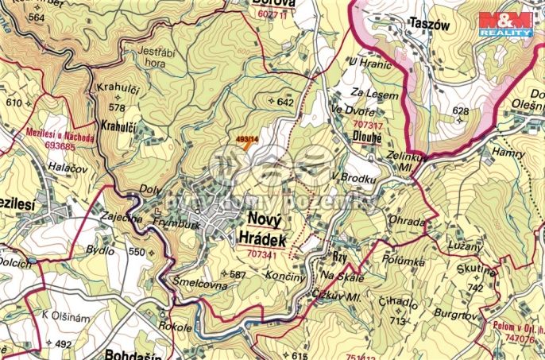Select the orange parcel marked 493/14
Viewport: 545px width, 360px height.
pos(248,141)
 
